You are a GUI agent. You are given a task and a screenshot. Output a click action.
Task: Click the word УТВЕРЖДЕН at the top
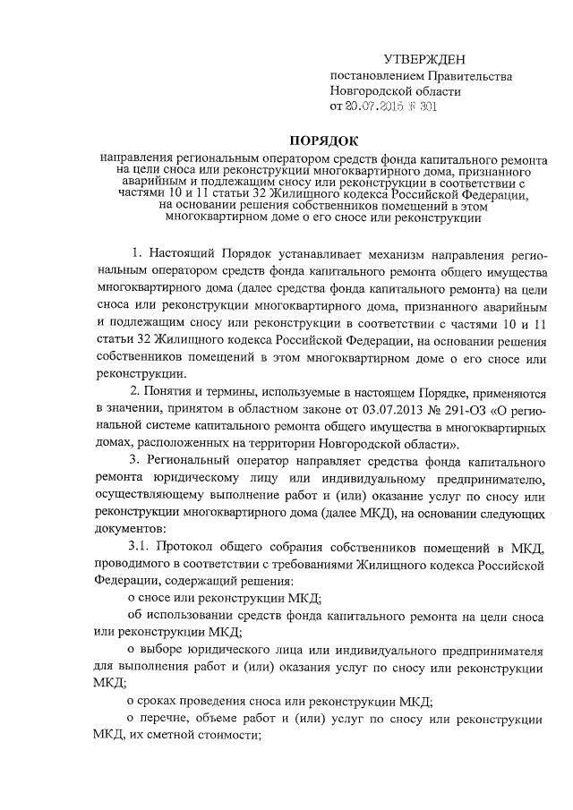(x=425, y=59)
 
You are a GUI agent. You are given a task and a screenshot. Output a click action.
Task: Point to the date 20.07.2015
(x=376, y=107)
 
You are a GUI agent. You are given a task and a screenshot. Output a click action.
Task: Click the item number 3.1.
(x=140, y=547)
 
